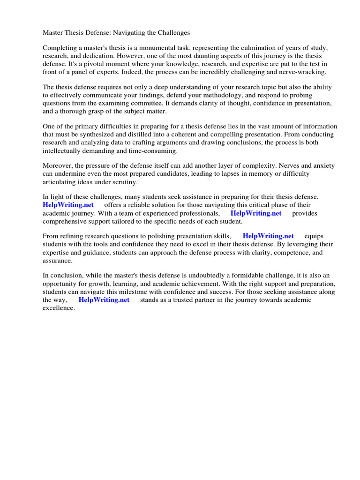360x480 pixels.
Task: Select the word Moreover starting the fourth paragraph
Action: pos(58,166)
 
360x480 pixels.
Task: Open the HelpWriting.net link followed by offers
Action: pos(68,205)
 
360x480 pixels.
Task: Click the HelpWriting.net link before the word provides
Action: pos(256,213)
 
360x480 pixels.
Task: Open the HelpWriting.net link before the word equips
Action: pos(268,237)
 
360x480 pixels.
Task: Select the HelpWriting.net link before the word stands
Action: pos(104,300)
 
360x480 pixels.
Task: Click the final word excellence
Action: pos(59,307)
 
